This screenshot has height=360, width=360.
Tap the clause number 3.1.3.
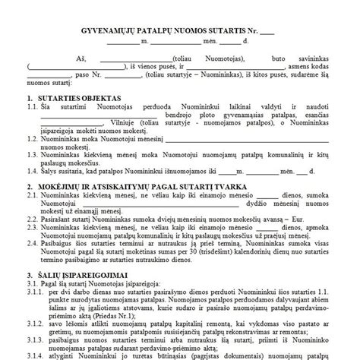point(33,346)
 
